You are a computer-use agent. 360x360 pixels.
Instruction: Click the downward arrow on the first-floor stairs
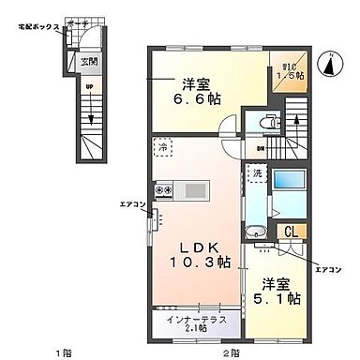tap(90, 116)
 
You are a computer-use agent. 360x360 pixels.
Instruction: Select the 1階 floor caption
tap(62, 352)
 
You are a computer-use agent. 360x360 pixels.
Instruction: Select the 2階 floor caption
tap(227, 352)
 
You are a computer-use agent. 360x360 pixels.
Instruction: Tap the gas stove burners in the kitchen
tap(163, 192)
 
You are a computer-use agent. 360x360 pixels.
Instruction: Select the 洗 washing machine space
tap(254, 174)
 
